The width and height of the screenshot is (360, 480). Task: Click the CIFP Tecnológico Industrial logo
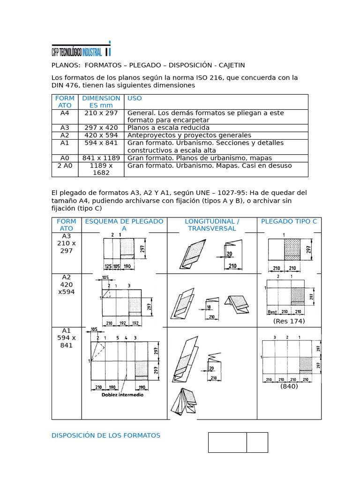point(81,49)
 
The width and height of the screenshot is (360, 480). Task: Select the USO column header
point(135,98)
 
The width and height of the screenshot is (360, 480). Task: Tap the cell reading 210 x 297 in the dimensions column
point(101,113)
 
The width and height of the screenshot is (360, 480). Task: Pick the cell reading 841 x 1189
point(101,158)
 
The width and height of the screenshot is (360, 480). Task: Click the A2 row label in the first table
point(65,135)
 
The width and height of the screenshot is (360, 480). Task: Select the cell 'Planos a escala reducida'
point(168,127)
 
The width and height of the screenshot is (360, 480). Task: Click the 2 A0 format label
point(65,165)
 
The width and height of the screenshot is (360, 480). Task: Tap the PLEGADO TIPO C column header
point(289,221)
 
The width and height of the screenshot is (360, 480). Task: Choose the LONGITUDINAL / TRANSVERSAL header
point(212,225)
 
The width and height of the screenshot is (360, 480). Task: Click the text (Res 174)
point(289,321)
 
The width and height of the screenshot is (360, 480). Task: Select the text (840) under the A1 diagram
point(289,386)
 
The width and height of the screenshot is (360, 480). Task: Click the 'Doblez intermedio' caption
point(123,395)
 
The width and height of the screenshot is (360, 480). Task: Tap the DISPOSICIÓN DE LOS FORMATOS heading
point(106,435)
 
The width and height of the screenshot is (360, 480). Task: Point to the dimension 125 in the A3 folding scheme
point(108,266)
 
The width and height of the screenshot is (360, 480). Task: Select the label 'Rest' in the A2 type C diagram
point(272,312)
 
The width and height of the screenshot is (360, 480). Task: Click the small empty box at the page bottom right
point(257,442)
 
